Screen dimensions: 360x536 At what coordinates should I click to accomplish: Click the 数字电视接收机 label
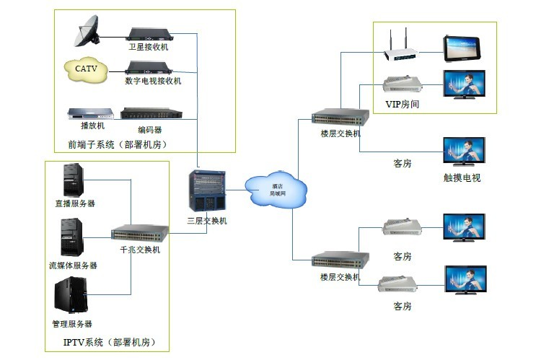coord(153,81)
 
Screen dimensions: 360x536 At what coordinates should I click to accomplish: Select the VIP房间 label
coord(403,104)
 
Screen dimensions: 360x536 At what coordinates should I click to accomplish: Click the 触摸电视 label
coord(462,177)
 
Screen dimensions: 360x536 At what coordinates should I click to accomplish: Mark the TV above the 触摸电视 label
coord(464,152)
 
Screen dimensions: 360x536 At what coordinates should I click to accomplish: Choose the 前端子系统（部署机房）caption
coord(118,145)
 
